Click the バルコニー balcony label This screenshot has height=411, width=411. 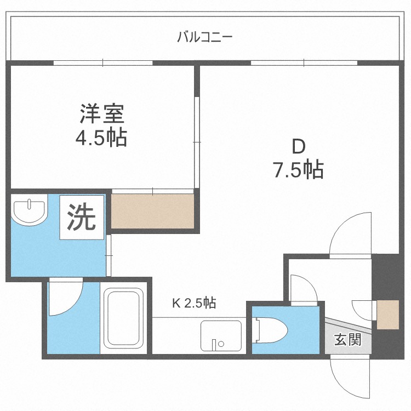click(205, 38)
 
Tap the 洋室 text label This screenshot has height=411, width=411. click(102, 114)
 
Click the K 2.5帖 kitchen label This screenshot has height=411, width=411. click(194, 302)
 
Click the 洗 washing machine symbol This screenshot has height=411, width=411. click(81, 218)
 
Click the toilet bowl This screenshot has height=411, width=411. click(272, 331)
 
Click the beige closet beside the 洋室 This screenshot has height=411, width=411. click(153, 212)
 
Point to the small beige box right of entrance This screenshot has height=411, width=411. click(388, 315)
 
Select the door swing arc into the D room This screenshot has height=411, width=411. click(351, 233)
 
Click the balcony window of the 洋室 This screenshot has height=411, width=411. click(102, 62)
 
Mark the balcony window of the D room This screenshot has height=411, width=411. click(304, 62)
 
